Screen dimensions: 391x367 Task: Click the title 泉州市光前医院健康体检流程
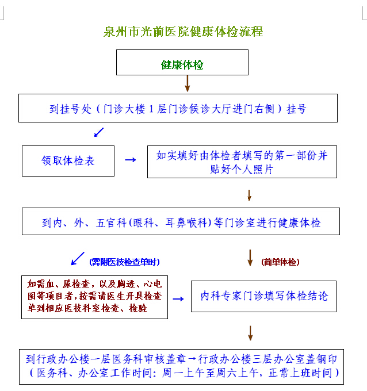coord(183,32)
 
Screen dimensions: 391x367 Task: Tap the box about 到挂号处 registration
coord(178,109)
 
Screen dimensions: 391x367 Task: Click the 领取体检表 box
coord(68,161)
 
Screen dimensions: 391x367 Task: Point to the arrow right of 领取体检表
coord(131,160)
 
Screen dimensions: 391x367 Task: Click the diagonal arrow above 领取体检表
coord(99,132)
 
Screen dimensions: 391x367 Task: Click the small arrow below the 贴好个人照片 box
coord(249,194)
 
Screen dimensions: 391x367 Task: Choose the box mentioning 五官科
coord(181,222)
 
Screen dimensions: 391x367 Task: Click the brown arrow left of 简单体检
coord(250,258)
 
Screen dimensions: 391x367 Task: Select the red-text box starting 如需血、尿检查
coord(94,297)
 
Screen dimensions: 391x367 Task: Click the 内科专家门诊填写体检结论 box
coord(263,297)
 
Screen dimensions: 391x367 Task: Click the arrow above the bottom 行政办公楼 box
coord(250,333)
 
